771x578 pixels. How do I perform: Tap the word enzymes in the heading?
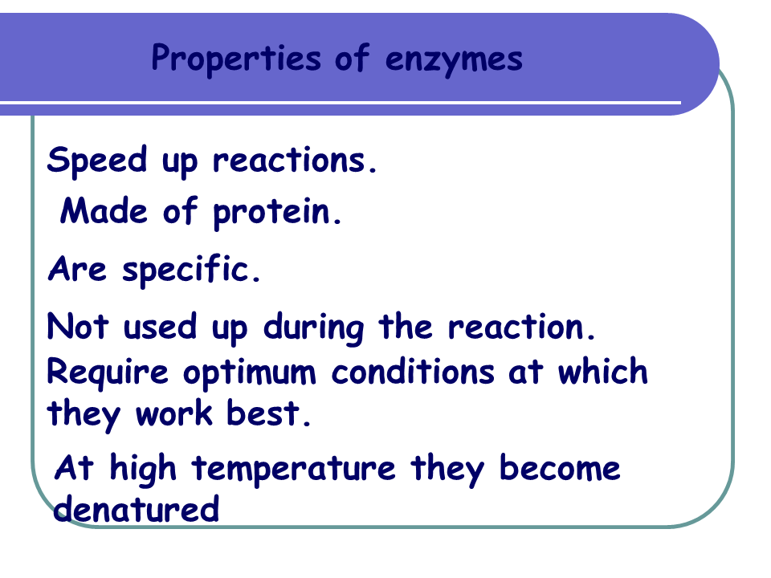(454, 59)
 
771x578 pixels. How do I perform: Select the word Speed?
(97, 161)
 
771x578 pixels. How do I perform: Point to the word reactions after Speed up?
(295, 161)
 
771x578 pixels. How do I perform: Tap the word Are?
(77, 269)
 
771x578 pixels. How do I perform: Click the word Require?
(108, 373)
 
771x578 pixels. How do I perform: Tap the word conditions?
(413, 372)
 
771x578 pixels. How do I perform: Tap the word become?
(560, 468)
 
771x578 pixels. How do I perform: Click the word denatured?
(136, 509)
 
